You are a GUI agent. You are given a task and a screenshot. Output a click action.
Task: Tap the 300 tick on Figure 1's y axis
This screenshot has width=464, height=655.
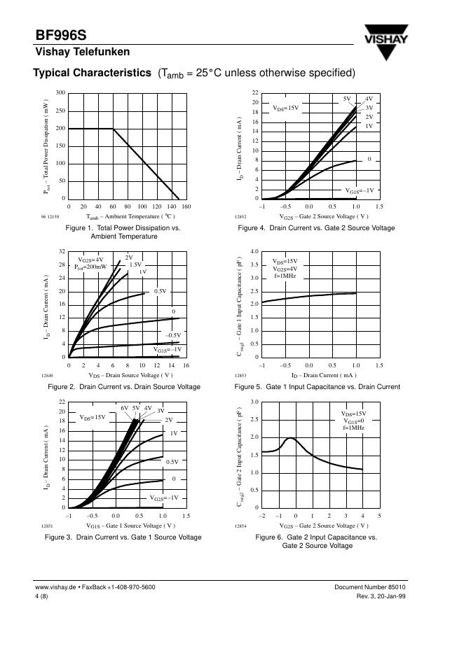pos(60,93)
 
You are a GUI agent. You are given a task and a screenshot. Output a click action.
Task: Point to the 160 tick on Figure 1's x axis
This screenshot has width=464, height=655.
pos(186,207)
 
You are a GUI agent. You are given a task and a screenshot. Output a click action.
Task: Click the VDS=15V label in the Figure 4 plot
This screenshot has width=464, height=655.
pos(285,108)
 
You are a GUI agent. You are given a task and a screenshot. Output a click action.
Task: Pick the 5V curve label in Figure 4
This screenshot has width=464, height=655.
pos(347,99)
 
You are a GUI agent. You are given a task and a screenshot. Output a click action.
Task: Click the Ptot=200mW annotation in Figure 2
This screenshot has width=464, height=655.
pos(90,267)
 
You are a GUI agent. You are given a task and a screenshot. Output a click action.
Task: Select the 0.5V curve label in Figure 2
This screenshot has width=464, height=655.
pos(161,290)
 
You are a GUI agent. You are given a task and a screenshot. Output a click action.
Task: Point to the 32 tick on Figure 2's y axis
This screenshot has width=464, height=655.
pos(62,251)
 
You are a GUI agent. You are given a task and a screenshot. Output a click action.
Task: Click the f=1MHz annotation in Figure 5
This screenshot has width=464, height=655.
pos(285,276)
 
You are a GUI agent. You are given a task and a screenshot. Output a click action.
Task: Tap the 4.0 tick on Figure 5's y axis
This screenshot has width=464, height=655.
pos(254,251)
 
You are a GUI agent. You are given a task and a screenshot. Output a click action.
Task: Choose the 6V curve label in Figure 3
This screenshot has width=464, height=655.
pos(124,407)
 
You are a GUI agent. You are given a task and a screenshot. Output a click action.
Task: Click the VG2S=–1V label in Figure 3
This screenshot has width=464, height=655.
pos(164,498)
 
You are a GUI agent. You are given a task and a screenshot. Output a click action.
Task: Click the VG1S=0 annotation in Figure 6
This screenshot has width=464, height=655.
pos(353,421)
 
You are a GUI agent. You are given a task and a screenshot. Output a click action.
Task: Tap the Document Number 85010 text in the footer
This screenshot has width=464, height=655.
pos(395,586)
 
